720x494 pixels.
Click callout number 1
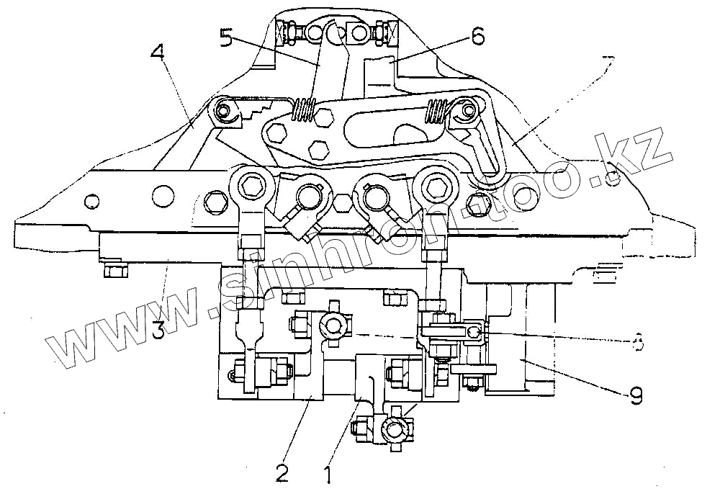328,475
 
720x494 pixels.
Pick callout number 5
227,37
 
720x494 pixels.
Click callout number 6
477,35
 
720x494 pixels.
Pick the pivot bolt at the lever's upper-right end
470,111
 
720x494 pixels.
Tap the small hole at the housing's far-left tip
91,199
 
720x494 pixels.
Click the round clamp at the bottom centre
394,429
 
